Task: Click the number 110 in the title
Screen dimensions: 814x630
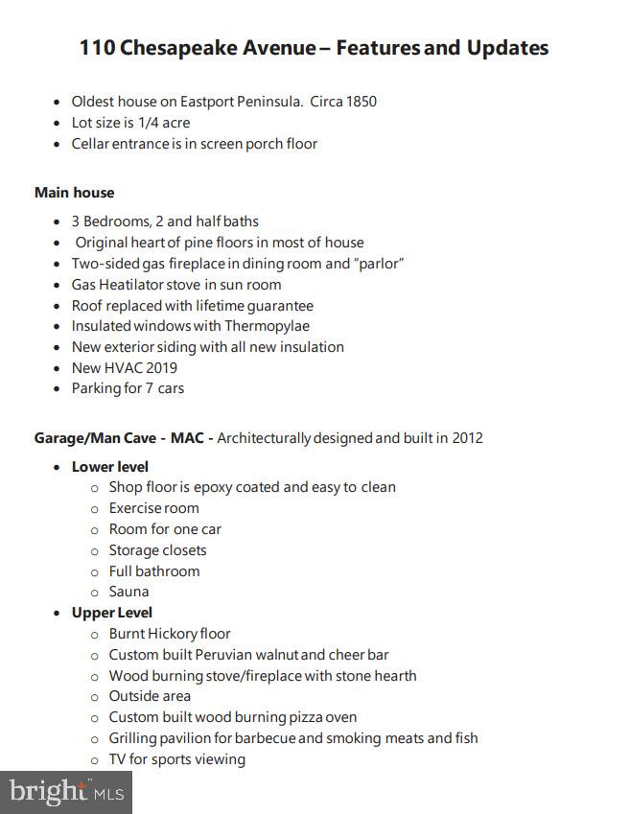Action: [97, 47]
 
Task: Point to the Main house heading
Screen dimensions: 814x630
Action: [74, 193]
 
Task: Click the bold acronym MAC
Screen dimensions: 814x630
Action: [188, 438]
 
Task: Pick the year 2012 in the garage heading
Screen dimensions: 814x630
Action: [466, 438]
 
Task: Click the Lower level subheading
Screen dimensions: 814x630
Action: [109, 467]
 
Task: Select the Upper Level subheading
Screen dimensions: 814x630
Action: [111, 613]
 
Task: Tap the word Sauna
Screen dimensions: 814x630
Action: [128, 592]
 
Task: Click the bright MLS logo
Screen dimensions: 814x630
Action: [66, 792]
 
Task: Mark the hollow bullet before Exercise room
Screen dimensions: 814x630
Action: [94, 509]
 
